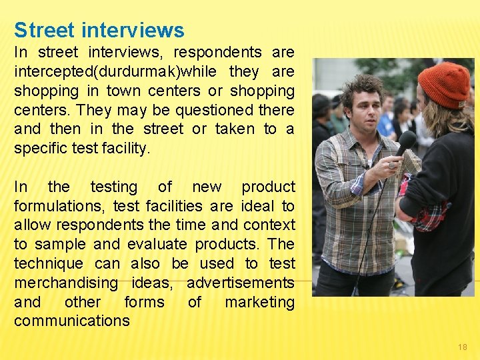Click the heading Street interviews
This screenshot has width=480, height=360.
[x=99, y=30]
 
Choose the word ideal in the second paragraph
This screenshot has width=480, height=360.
[x=257, y=206]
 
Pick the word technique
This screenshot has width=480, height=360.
[x=49, y=264]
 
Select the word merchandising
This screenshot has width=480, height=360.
[x=66, y=283]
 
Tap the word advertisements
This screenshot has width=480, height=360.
[x=241, y=283]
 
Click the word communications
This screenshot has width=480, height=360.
[x=72, y=321]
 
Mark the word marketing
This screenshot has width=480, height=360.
[x=259, y=302]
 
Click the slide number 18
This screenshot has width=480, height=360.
[x=463, y=347]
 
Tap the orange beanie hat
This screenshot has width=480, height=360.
[x=444, y=83]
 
